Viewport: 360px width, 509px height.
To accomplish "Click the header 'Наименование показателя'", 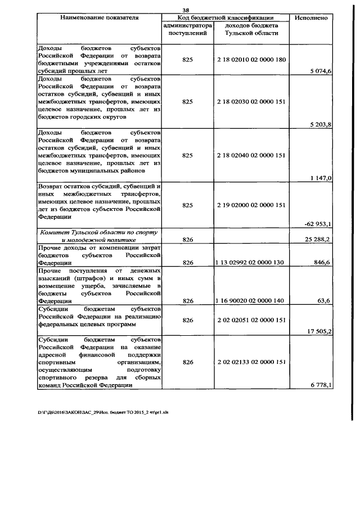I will click(99, 17).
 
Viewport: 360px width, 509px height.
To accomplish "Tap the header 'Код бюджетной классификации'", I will click(226, 17).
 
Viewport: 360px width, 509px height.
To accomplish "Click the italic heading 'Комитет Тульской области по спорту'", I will click(98, 232).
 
